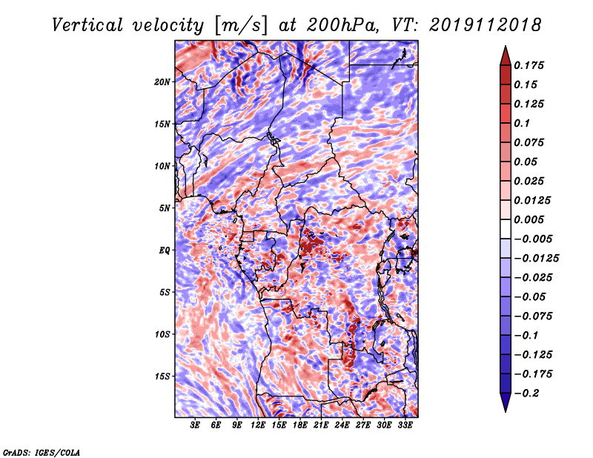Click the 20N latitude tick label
162,82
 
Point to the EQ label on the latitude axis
164,250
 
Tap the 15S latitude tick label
162,376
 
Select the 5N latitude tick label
165,208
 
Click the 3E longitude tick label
195,425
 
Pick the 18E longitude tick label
300,425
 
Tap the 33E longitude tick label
405,425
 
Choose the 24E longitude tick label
342,425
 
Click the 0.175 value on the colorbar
529,65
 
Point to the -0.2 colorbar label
526,394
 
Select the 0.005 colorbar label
529,219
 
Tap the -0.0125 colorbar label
536,259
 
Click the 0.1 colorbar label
522,123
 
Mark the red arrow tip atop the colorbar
506,47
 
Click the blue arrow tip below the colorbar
506,411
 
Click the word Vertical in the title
87,25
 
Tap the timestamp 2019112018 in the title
486,25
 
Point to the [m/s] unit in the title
241,25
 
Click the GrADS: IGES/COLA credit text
42,452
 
